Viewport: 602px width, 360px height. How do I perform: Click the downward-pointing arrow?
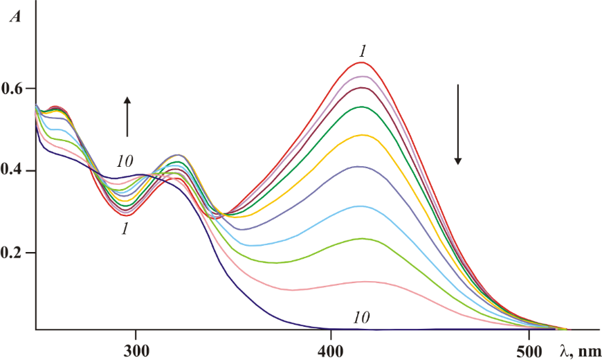point(457,125)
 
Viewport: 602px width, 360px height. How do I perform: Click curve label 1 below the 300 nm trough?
point(125,228)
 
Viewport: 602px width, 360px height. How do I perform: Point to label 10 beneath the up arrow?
point(125,162)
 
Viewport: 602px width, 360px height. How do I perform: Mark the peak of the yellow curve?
point(362,135)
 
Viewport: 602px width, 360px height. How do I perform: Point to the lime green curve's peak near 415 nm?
point(361,238)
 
